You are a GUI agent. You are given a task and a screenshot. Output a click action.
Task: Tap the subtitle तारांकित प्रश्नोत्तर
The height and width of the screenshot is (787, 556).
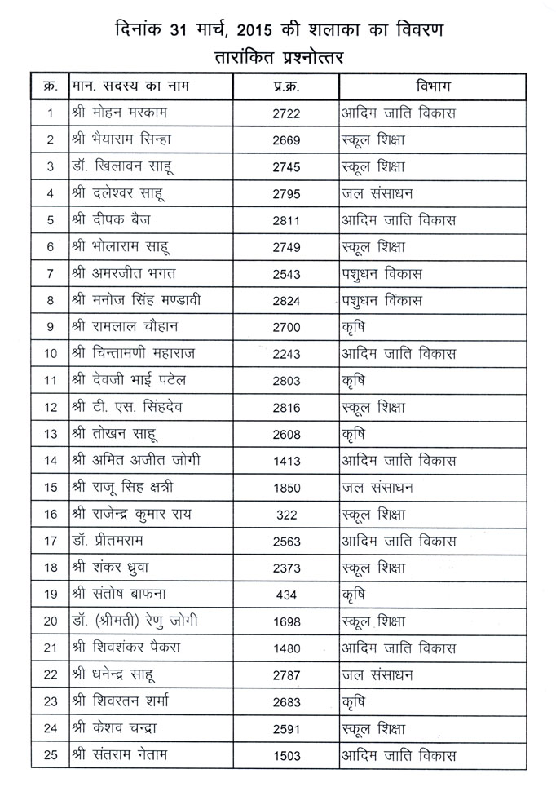pyautogui.click(x=277, y=57)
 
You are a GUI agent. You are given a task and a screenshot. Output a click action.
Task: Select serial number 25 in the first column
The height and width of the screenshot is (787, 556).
pyautogui.click(x=51, y=755)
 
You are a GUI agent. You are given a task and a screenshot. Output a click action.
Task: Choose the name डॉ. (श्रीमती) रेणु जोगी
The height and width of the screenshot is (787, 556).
pyautogui.click(x=145, y=621)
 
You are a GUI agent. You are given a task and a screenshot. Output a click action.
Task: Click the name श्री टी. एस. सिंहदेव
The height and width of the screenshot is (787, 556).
pyautogui.click(x=134, y=408)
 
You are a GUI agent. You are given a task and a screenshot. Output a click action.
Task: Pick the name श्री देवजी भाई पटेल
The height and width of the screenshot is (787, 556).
pyautogui.click(x=135, y=381)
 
